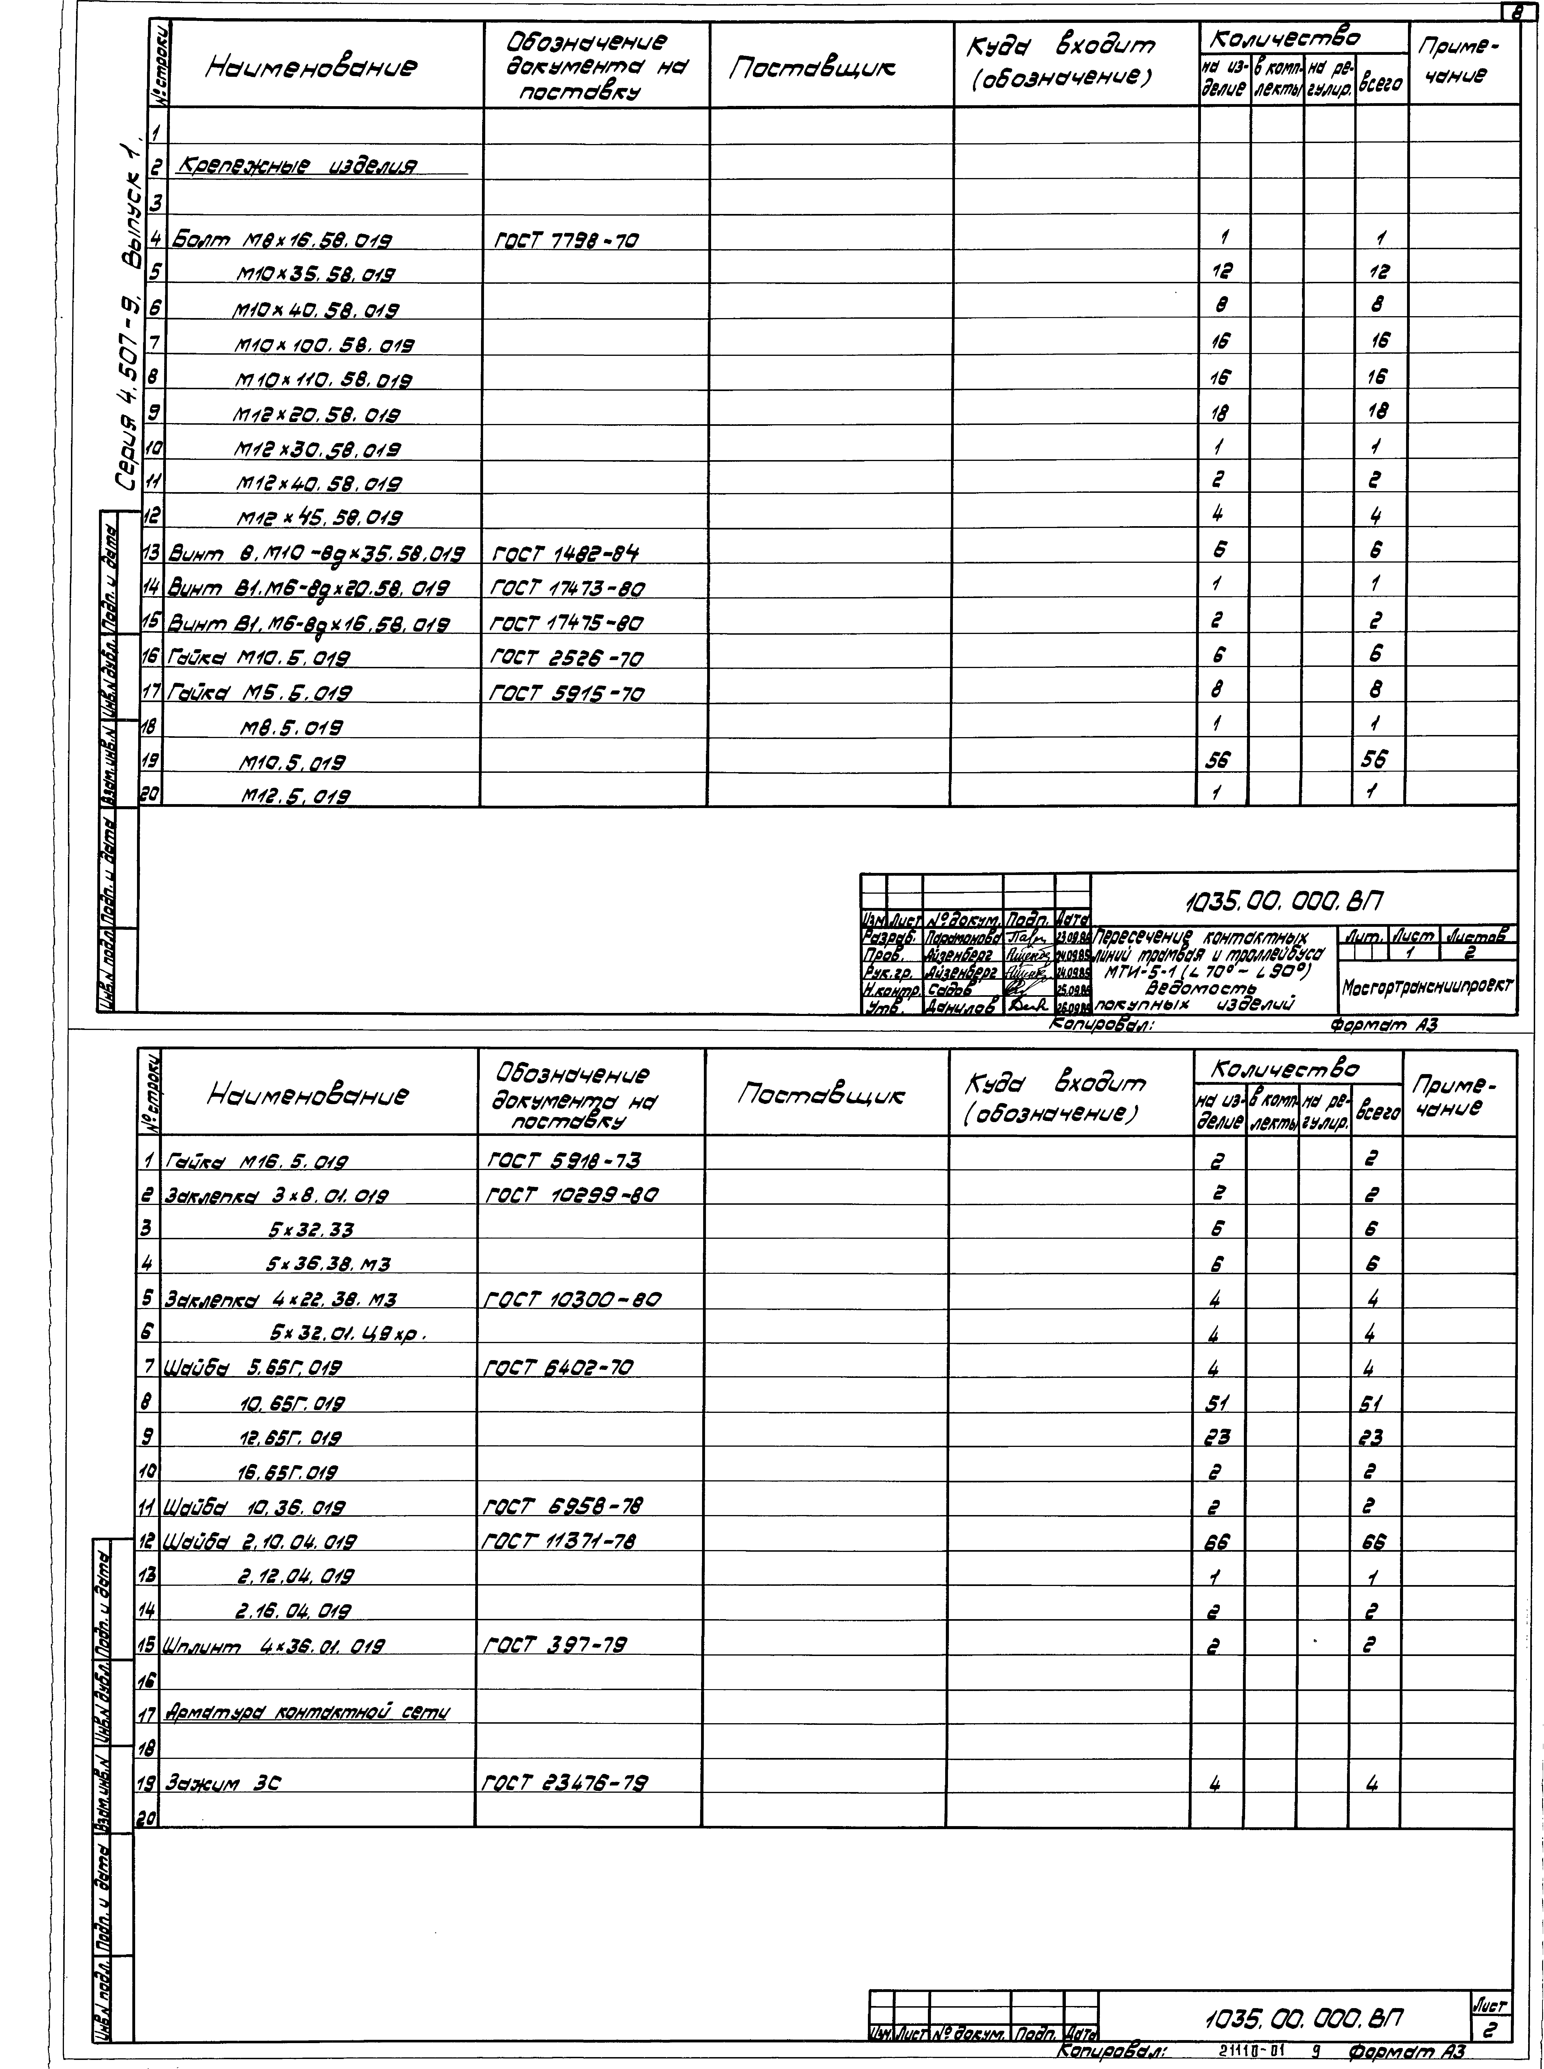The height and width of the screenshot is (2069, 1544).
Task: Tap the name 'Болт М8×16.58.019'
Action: click(x=278, y=240)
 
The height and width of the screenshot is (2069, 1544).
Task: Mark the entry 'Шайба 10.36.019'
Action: click(x=255, y=1507)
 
